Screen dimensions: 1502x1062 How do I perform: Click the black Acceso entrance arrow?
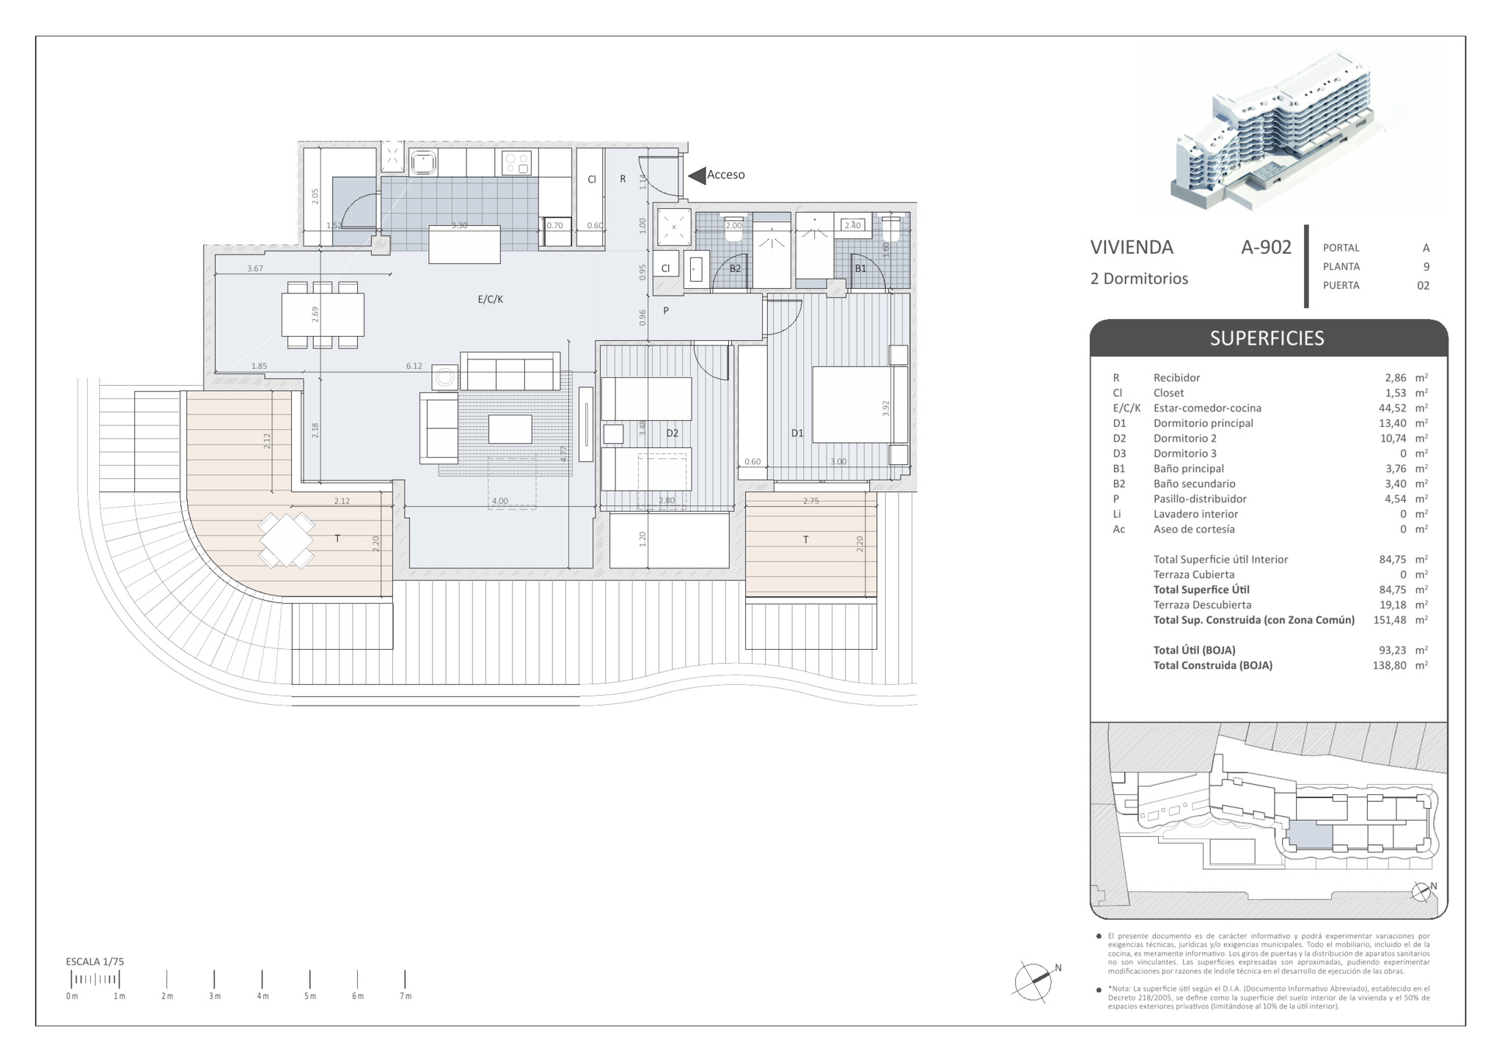(696, 175)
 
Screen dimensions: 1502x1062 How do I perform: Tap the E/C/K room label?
(491, 299)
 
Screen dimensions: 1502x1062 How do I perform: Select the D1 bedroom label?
(797, 433)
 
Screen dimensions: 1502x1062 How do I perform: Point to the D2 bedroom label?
(672, 433)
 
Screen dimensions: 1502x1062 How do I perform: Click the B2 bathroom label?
(735, 268)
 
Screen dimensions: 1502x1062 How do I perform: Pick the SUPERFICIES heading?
(1267, 338)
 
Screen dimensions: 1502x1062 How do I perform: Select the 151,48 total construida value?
(1389, 620)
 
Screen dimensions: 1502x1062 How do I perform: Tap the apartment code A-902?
(1266, 247)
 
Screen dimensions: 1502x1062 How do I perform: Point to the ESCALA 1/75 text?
(95, 962)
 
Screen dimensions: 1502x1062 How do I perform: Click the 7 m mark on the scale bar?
(405, 979)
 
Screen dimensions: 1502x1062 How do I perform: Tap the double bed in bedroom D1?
(860, 405)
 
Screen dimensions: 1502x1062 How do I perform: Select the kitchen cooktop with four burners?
(516, 162)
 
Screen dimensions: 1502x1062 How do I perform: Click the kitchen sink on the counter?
(423, 162)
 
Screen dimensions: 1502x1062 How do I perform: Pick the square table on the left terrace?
(287, 541)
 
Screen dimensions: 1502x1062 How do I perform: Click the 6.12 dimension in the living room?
(414, 366)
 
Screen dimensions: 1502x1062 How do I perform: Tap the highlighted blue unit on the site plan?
(1311, 835)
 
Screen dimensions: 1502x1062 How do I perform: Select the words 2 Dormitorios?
(1139, 279)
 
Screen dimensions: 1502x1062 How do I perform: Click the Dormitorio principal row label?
(1204, 423)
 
